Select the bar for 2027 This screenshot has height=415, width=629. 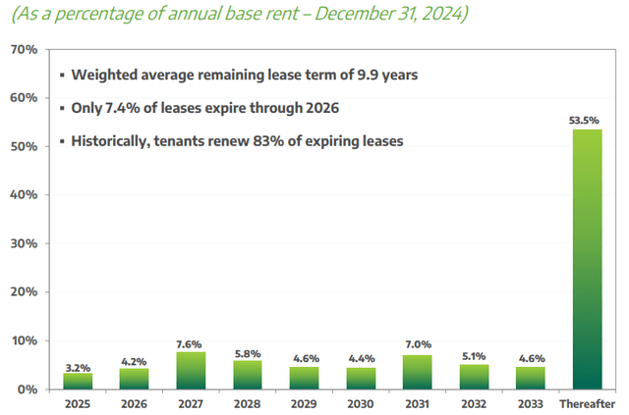[192, 371]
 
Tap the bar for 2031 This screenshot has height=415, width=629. [419, 372]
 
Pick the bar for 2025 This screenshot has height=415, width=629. [78, 382]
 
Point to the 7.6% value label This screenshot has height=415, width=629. [192, 344]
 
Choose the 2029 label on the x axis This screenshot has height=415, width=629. [305, 403]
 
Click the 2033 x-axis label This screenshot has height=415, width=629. [532, 403]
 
